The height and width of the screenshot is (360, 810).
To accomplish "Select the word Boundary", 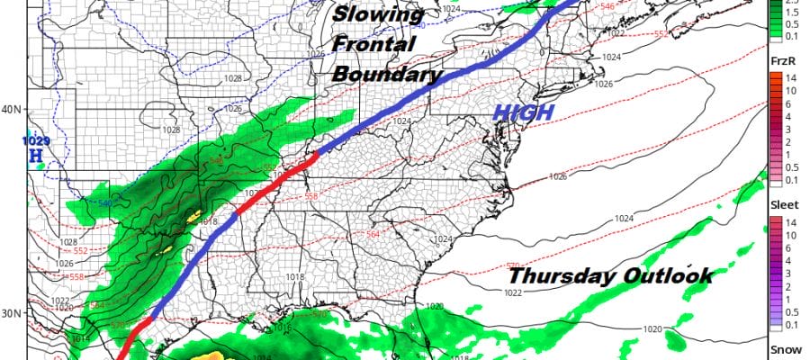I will [x=386, y=74].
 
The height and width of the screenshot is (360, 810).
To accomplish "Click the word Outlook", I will [x=667, y=275].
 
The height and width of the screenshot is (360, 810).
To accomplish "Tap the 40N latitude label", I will [x=12, y=110].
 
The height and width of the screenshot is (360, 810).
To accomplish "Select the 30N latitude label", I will [x=12, y=313].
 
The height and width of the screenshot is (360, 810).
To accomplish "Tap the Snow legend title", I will [x=781, y=351].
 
